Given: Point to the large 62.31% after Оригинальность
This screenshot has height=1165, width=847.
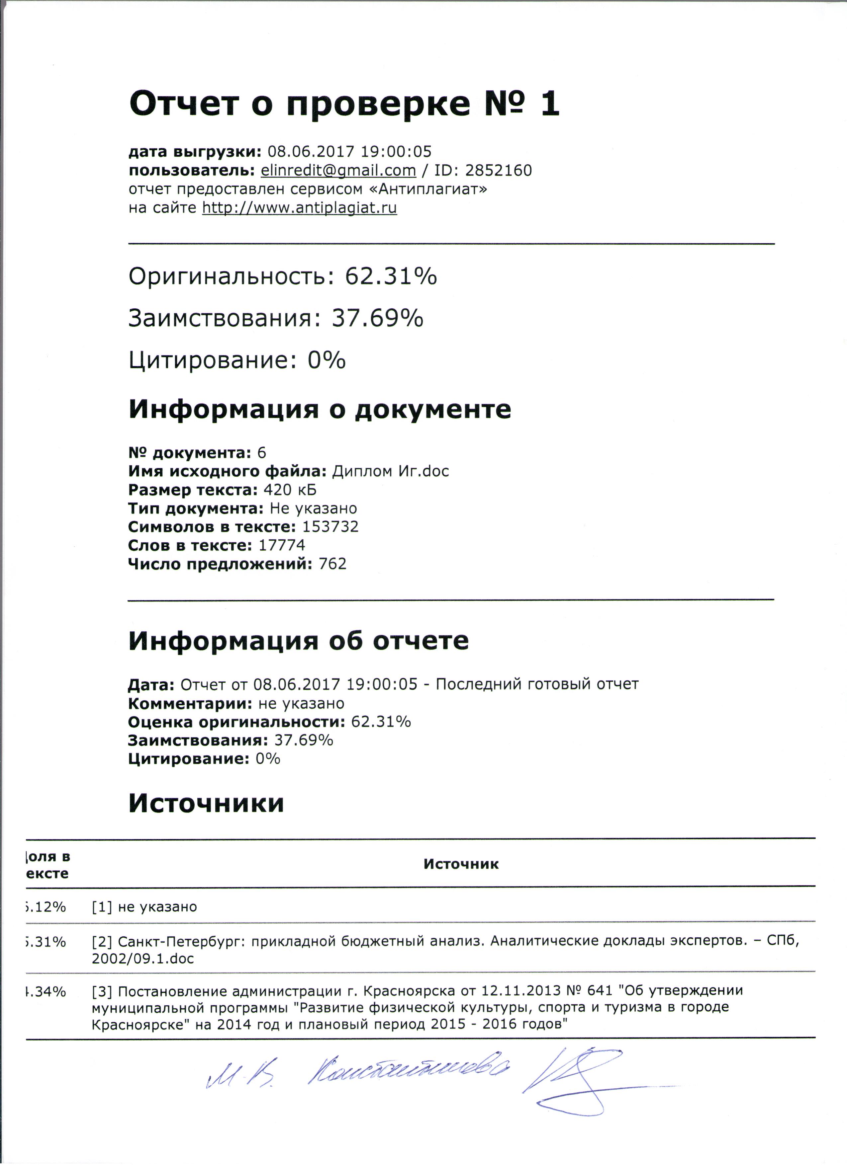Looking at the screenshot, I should tap(391, 276).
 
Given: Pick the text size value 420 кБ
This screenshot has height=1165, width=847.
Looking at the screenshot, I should tap(290, 490).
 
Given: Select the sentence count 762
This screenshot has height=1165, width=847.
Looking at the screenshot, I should tap(332, 564).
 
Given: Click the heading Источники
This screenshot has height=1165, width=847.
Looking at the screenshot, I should tap(206, 803).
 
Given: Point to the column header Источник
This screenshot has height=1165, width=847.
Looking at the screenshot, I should tap(460, 864).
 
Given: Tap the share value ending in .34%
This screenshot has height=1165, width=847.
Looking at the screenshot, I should tap(46, 992).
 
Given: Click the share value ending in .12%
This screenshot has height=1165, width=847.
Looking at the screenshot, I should tap(46, 907).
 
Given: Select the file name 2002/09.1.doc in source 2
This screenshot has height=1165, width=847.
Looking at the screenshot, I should tap(143, 959).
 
